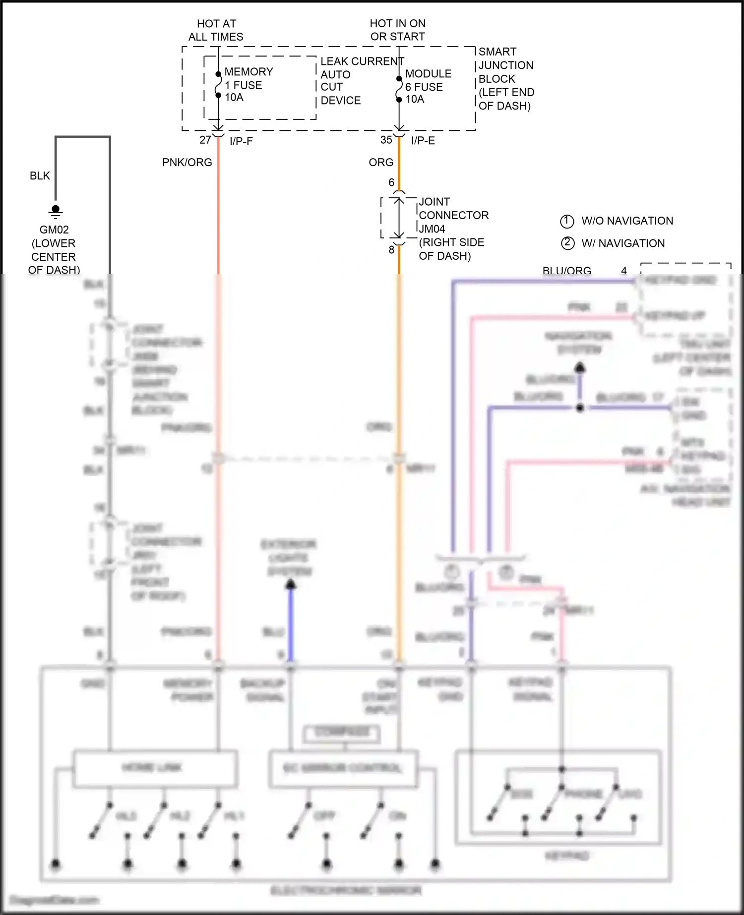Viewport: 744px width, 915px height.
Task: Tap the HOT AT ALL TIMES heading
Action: (216, 30)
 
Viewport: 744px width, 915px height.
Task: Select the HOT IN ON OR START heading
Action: (397, 30)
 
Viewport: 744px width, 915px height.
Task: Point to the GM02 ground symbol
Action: (55, 212)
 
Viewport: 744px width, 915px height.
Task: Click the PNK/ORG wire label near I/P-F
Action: (187, 163)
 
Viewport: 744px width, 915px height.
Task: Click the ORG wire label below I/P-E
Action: (381, 163)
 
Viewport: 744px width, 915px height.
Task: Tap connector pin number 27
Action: (205, 140)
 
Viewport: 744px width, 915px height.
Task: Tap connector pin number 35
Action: (386, 140)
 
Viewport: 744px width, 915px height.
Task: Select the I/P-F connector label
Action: (241, 141)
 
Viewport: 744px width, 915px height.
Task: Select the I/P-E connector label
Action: (423, 141)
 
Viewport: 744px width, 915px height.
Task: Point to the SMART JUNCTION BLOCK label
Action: (506, 79)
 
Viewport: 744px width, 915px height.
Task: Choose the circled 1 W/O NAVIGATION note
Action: (617, 221)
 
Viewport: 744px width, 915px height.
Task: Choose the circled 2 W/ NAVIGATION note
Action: (613, 243)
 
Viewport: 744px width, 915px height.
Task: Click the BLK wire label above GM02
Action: (40, 176)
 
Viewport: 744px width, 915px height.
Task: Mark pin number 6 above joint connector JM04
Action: (391, 183)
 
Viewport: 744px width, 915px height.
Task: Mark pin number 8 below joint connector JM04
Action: (391, 250)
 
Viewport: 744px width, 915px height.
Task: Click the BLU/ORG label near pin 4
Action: (566, 271)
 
